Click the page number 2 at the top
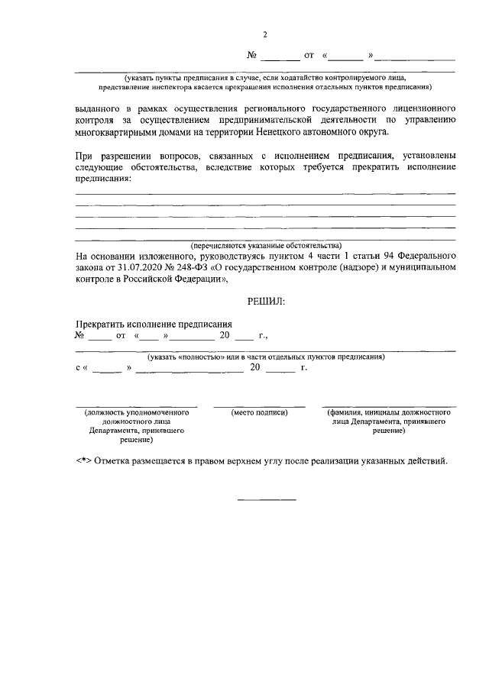pyautogui.click(x=265, y=34)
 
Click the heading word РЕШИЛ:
pyautogui.click(x=265, y=303)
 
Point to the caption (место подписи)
pyautogui.click(x=259, y=413)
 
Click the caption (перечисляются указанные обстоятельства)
pyautogui.click(x=265, y=246)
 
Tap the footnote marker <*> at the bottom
pyautogui.click(x=83, y=462)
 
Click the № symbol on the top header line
pyautogui.click(x=253, y=56)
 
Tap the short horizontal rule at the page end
pyautogui.click(x=267, y=499)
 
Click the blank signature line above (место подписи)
pyautogui.click(x=259, y=406)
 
